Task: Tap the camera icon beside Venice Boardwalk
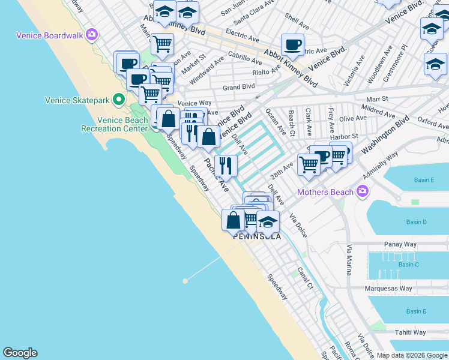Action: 92,34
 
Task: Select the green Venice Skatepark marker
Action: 119,100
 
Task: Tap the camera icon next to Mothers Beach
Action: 361,192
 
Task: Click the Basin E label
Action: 424,180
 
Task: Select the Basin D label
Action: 416,222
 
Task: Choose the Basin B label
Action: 416,311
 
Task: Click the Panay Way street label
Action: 400,245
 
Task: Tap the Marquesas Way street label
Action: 389,289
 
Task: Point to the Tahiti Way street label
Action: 410,332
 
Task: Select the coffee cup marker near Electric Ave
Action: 292,44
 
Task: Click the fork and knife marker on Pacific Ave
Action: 226,165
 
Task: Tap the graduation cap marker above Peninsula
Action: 268,222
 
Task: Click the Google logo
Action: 20,353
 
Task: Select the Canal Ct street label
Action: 306,278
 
